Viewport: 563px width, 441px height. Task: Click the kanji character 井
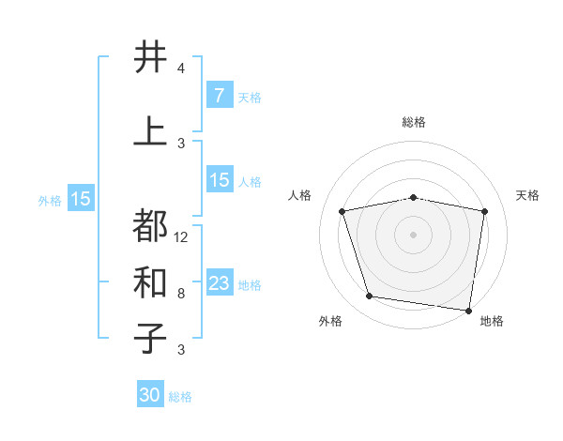click(x=151, y=58)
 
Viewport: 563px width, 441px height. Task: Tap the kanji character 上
click(x=151, y=131)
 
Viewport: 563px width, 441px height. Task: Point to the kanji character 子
click(x=151, y=338)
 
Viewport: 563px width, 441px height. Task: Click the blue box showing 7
click(x=219, y=96)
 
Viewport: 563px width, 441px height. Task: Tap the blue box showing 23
click(x=219, y=283)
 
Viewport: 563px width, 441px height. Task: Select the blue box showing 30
click(x=150, y=395)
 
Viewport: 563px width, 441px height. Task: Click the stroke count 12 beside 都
click(x=181, y=237)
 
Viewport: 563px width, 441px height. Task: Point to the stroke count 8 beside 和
click(x=181, y=294)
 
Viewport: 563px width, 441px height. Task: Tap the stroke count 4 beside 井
click(x=181, y=68)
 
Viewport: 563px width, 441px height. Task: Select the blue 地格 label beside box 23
click(x=250, y=284)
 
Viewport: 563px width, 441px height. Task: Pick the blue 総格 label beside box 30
click(x=181, y=397)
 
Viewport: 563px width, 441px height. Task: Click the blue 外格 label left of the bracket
click(x=50, y=200)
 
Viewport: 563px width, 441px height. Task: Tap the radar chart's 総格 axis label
click(x=413, y=122)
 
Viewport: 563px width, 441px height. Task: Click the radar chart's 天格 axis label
click(x=527, y=195)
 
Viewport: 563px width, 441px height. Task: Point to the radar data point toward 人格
click(x=342, y=211)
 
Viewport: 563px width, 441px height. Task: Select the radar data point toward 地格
click(x=467, y=310)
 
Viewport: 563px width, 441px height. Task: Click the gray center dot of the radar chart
click(x=413, y=234)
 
